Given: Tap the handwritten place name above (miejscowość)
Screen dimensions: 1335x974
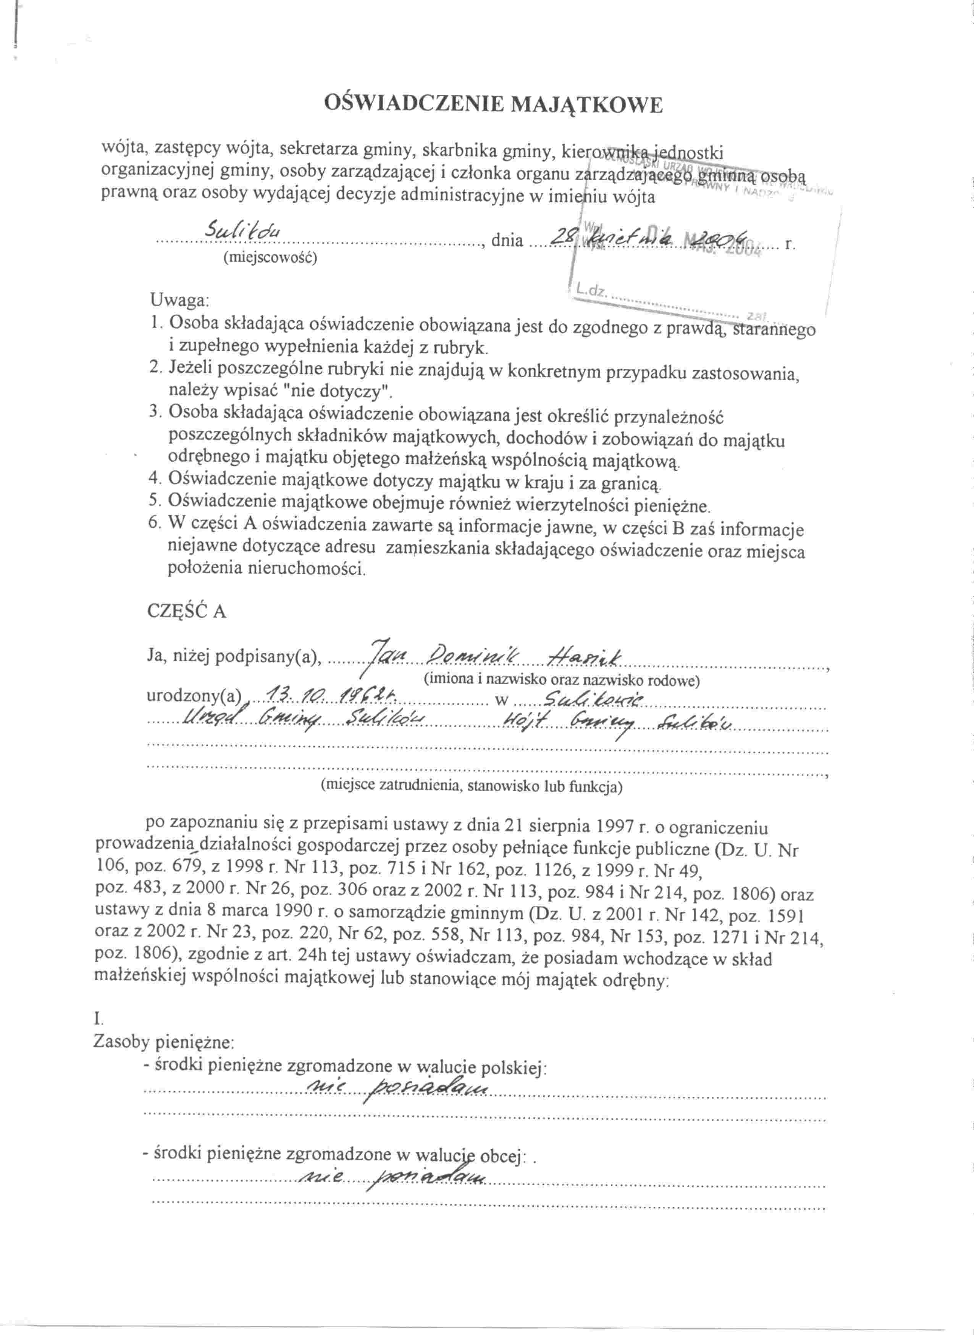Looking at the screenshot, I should (x=243, y=231).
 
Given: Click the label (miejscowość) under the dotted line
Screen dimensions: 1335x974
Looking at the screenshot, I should (x=270, y=258).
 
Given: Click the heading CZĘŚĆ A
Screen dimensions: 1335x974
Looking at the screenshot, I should (x=186, y=611).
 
